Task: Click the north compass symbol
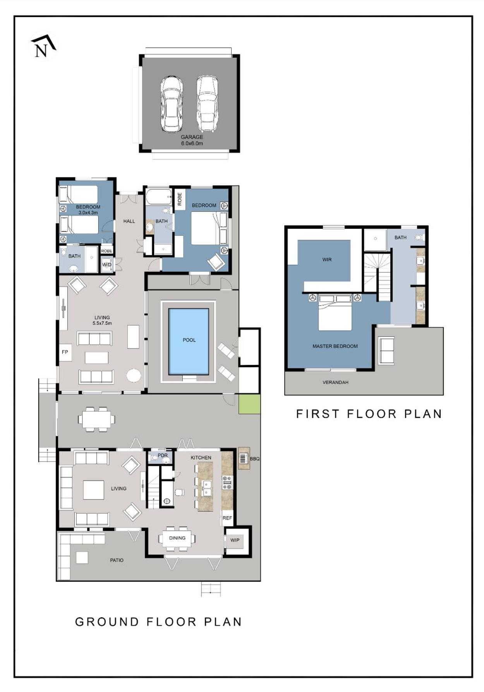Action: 43,46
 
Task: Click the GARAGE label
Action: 192,137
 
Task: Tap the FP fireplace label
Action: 65,352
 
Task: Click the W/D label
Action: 106,265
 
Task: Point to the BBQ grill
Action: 243,458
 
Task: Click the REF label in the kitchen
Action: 227,518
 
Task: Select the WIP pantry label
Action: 235,540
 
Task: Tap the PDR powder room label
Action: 163,455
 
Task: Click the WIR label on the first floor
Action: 327,259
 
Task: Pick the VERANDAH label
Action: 335,382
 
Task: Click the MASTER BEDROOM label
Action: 335,346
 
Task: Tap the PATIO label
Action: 117,560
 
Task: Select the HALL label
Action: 129,221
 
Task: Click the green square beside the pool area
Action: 249,404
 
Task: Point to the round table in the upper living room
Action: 134,375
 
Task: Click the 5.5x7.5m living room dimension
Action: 102,323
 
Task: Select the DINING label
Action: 177,538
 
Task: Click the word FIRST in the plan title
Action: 317,414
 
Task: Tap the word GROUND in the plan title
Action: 107,622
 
